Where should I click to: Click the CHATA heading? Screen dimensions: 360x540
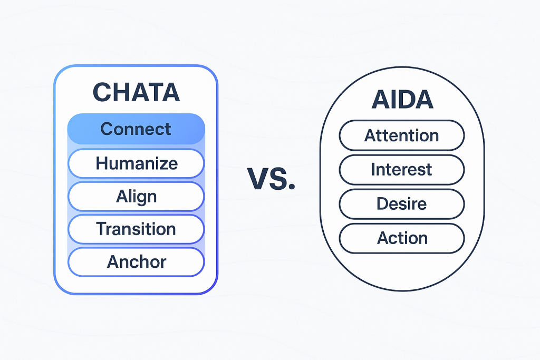(x=136, y=92)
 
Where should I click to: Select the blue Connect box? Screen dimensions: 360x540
(x=136, y=129)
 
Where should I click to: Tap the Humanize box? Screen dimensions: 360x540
(x=136, y=163)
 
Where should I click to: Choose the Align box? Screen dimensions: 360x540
(x=136, y=196)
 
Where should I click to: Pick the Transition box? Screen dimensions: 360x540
(x=136, y=229)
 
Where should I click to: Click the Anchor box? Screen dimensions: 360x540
(x=136, y=261)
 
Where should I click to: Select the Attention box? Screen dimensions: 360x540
(x=402, y=135)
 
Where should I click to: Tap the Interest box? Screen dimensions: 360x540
(x=402, y=170)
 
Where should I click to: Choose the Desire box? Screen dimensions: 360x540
(x=402, y=203)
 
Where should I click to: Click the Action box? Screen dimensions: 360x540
(x=402, y=238)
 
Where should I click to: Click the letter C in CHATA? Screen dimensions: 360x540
(x=102, y=92)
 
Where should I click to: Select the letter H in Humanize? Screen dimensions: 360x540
(x=101, y=163)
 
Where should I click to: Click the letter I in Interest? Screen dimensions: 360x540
(x=373, y=170)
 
